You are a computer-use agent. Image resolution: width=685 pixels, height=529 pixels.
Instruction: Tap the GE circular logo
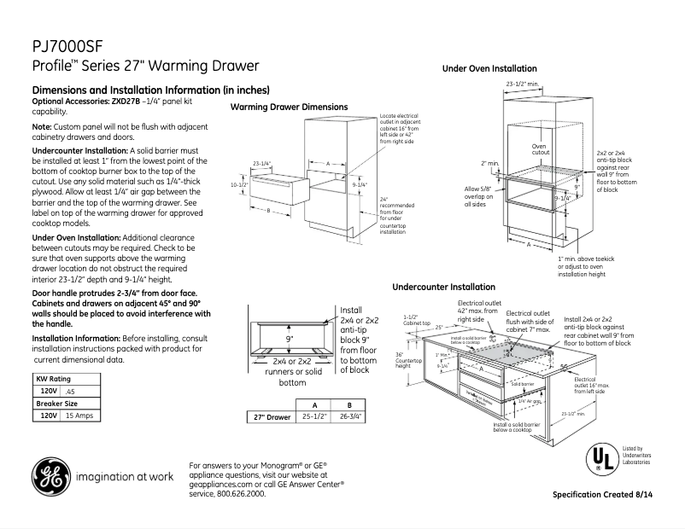[x=50, y=476]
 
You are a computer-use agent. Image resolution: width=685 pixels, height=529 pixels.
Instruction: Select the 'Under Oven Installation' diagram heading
[x=489, y=68]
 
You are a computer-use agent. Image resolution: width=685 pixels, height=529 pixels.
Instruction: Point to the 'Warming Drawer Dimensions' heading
[x=289, y=107]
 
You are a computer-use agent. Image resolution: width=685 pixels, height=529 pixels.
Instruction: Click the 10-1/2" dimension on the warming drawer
[x=239, y=184]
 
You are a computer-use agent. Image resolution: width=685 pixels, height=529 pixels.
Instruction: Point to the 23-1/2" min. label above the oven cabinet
[x=522, y=84]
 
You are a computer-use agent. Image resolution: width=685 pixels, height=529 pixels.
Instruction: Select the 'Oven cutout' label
[x=539, y=150]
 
